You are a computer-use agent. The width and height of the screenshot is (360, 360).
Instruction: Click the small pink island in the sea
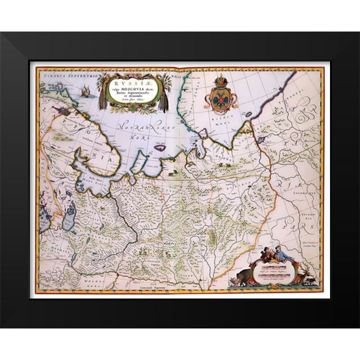[159, 147]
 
